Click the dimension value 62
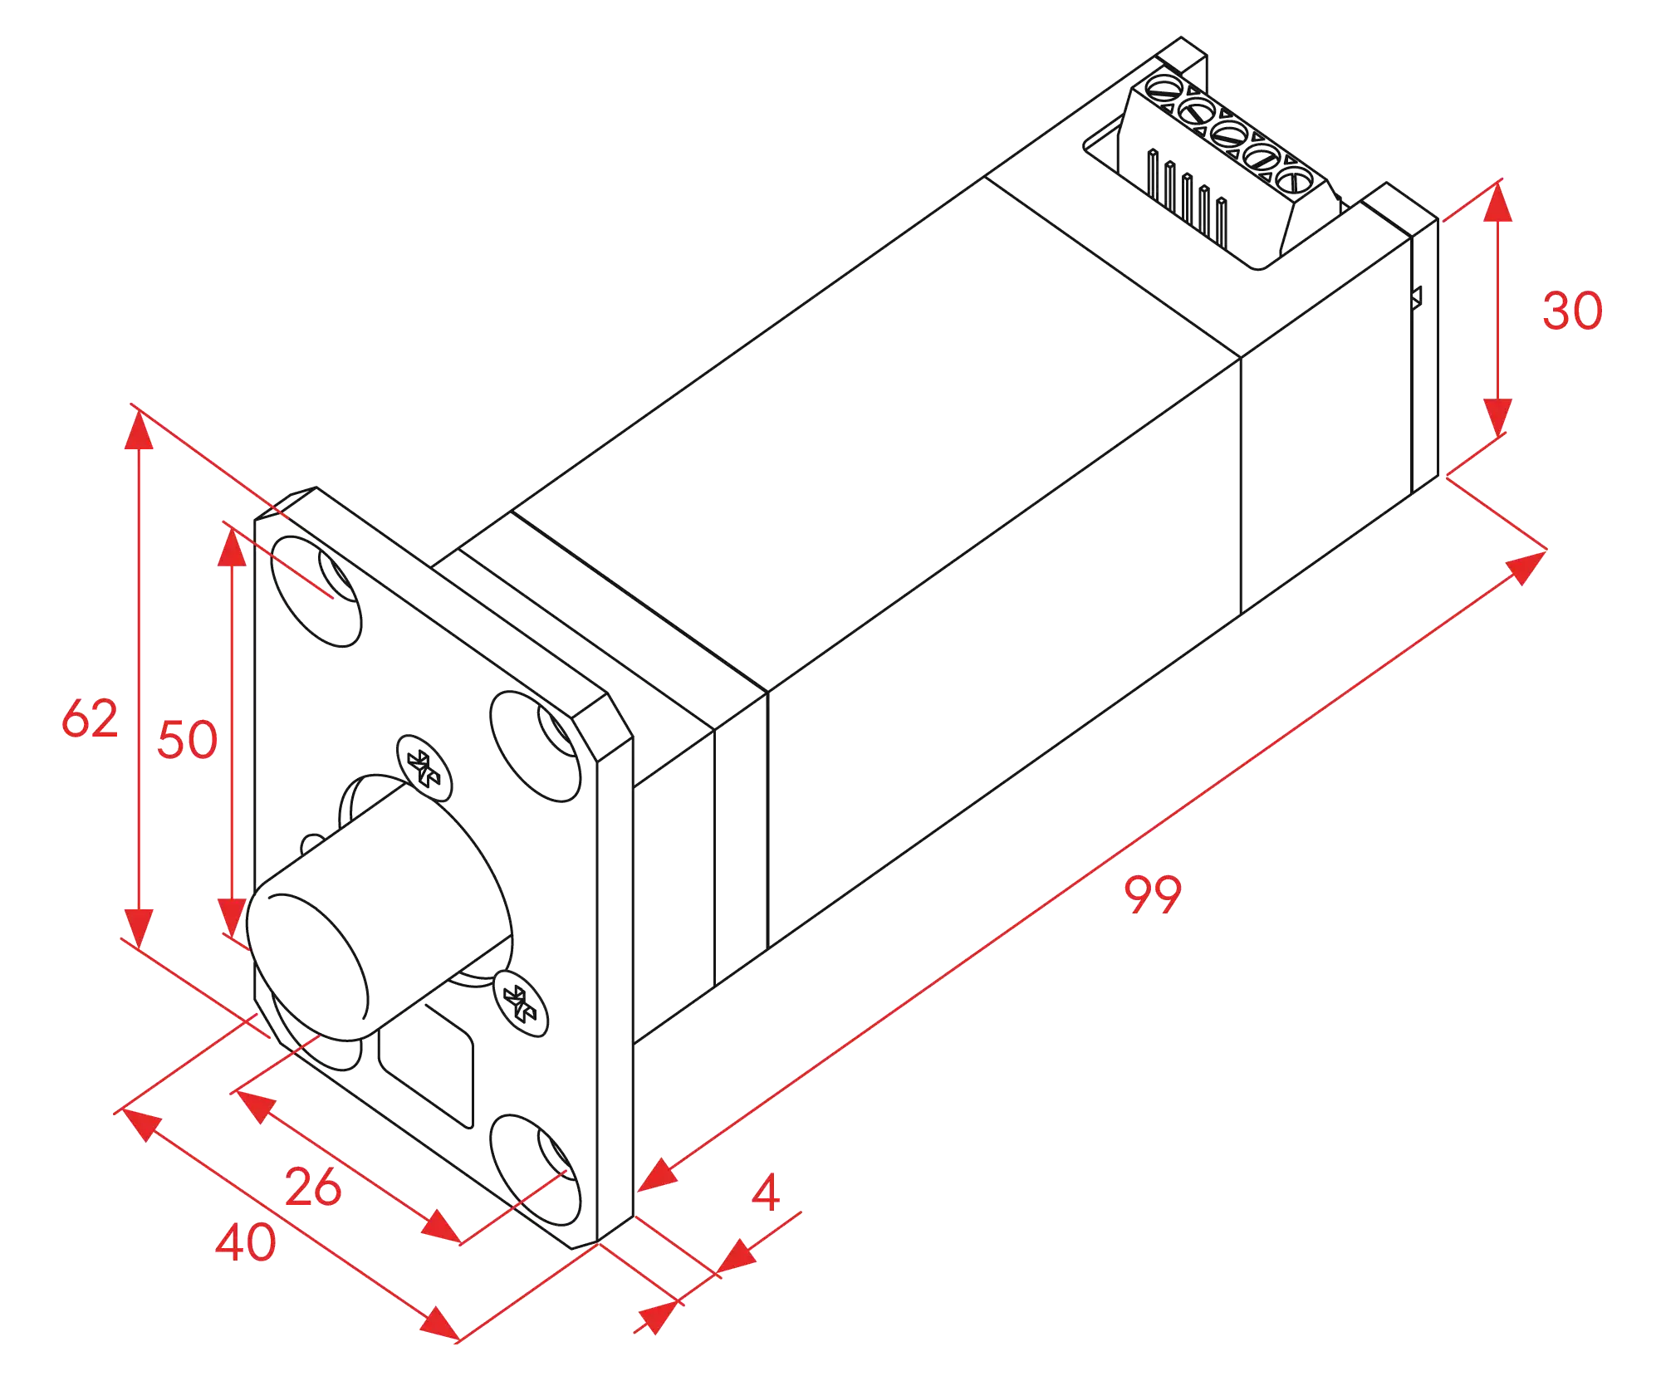[x=90, y=718]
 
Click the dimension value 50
[x=187, y=739]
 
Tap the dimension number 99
[x=1151, y=894]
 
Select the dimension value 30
[x=1572, y=311]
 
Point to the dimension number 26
[x=313, y=1187]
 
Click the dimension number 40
[x=246, y=1243]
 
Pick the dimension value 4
[x=767, y=1193]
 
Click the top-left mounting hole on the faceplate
[x=317, y=590]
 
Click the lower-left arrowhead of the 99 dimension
[x=659, y=1173]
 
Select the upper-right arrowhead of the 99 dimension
[x=1524, y=569]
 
